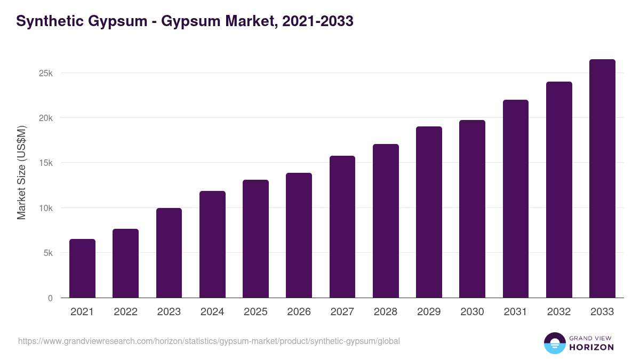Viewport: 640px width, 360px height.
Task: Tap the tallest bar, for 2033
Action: coord(602,179)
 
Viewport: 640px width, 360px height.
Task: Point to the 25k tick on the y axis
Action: coord(46,73)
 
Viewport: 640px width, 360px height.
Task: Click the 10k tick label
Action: coord(46,208)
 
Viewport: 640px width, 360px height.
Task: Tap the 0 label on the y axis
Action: coord(50,298)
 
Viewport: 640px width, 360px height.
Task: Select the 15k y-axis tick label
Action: coord(46,163)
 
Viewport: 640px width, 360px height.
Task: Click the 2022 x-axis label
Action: coord(125,312)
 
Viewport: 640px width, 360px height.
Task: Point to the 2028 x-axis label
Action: coord(386,312)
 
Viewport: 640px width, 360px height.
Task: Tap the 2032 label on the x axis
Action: coord(559,312)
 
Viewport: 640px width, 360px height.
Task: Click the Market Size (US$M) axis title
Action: coord(22,172)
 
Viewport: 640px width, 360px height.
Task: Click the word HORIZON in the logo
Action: coord(591,347)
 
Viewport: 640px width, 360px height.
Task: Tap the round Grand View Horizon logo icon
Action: coord(554,343)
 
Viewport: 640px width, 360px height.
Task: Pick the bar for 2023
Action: coord(169,253)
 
